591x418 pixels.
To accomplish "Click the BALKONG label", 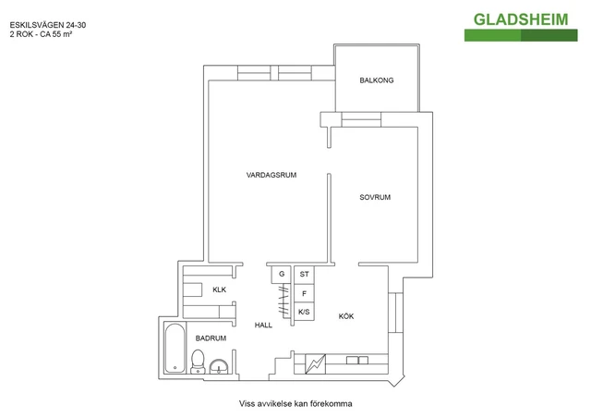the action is tap(376, 80).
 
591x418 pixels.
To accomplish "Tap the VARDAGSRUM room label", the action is tap(271, 175).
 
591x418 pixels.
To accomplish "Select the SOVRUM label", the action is tap(375, 197).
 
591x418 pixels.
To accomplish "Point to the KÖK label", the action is tap(346, 316).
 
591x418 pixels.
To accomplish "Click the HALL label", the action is tap(263, 326).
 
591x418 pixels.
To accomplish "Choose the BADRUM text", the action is tap(211, 338).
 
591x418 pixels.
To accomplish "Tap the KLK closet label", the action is tap(220, 289).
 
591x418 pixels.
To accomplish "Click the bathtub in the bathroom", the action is tap(175, 348).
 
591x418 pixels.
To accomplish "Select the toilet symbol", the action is tap(198, 362).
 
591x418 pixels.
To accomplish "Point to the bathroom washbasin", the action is tap(219, 366).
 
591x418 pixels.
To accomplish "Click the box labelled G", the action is tap(281, 275).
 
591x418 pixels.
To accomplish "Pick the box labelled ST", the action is tap(304, 275).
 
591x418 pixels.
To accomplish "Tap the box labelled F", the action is tap(304, 293).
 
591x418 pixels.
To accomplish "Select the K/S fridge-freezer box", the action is tap(304, 312).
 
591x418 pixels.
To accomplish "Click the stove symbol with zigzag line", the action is tap(315, 364).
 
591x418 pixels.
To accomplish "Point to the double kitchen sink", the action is tap(357, 361).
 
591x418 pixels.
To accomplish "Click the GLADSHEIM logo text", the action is tap(521, 19).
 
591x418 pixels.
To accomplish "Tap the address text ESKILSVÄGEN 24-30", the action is tap(48, 25).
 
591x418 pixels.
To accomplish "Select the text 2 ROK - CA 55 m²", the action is tap(41, 34).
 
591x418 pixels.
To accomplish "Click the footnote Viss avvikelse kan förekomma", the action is tap(295, 403).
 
